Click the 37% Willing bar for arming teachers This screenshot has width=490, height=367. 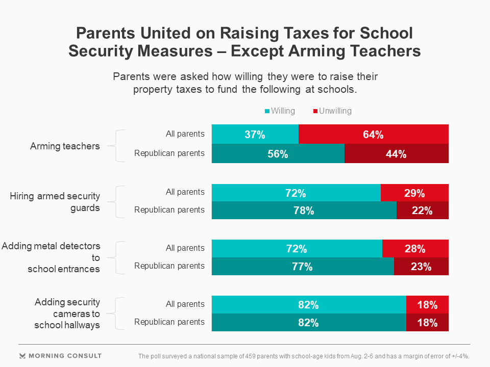255,134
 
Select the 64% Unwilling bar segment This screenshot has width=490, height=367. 373,134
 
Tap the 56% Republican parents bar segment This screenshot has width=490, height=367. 278,153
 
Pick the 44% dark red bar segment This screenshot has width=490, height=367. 397,153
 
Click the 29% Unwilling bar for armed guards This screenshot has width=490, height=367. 414,193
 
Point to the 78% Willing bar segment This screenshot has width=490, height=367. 304,210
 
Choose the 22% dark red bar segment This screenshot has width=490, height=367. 422,210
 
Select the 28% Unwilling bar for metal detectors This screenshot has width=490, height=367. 415,249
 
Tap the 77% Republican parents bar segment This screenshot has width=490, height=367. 303,266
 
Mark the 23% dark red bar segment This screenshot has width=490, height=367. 421,266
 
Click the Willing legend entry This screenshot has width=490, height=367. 280,111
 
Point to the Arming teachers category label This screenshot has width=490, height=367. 65,146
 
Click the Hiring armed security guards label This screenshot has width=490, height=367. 55,202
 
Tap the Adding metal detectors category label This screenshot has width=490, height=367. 51,257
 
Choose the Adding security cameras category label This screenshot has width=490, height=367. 67,313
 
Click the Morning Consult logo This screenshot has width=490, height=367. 60,356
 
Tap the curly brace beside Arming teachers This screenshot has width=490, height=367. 118,146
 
